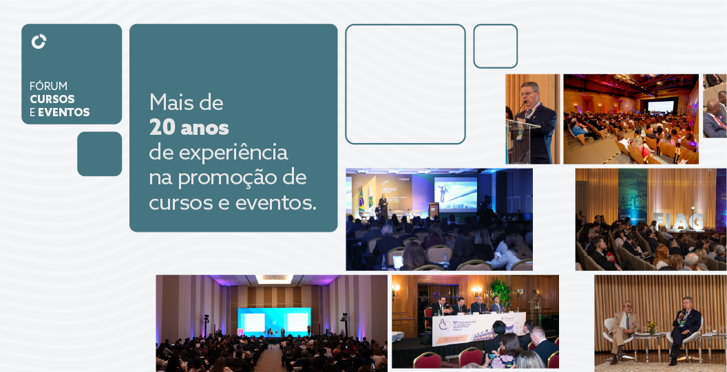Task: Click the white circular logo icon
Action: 39,42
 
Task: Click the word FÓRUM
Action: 48,86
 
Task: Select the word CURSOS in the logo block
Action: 52,99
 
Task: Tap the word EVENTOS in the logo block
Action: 64,112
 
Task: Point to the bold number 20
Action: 162,128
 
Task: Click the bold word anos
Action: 204,128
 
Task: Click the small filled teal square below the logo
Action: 99,154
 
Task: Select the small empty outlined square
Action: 495,46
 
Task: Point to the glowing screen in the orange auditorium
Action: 660,107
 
